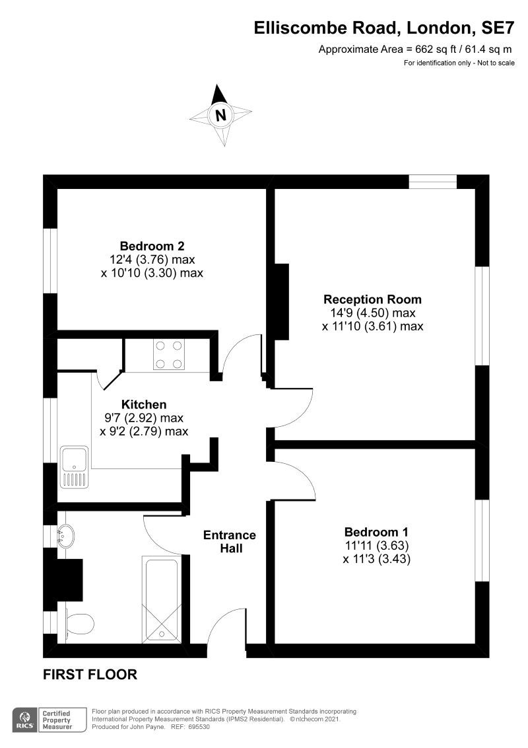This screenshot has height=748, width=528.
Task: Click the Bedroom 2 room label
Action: [x=147, y=246]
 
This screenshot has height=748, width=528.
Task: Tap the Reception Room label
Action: [x=372, y=299]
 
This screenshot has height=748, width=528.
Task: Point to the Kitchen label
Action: [x=144, y=404]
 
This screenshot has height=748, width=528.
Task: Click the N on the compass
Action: [x=220, y=115]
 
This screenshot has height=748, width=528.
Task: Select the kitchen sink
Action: [x=73, y=465]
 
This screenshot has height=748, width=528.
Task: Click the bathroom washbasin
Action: [x=66, y=535]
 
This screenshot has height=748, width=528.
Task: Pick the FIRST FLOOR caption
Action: [x=90, y=675]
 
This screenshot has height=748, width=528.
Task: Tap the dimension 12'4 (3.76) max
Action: [x=148, y=259]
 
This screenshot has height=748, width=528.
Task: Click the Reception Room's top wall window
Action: [x=432, y=182]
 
